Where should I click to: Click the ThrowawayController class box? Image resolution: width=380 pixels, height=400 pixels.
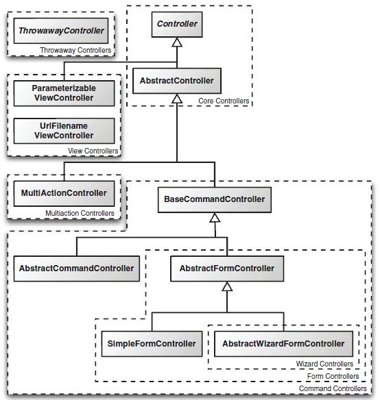pos(61,31)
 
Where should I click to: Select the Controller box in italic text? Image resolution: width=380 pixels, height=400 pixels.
pos(177,25)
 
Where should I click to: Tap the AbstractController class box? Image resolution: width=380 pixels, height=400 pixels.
pos(177,81)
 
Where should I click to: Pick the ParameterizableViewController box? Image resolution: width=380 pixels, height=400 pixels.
pos(64,93)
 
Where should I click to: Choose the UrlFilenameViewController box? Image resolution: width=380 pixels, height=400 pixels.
pos(64,131)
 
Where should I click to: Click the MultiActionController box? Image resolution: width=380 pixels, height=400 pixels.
pos(64,193)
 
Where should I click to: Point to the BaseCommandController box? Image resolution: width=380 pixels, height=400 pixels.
pos(215,200)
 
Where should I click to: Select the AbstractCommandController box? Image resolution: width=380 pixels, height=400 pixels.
pos(76,268)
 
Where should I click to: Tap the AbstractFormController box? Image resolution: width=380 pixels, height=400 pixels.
pos(227,268)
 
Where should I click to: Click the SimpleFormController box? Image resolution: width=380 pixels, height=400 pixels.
pos(152,344)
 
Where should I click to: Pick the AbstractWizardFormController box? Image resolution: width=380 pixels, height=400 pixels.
pos(283,344)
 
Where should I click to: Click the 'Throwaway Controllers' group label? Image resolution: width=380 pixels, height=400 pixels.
pos(75,50)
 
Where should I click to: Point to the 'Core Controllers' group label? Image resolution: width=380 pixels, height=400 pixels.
pos(224,101)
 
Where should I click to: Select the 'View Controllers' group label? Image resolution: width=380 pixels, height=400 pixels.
pos(93,151)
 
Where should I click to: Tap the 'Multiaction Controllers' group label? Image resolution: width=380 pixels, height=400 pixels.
pos(80,213)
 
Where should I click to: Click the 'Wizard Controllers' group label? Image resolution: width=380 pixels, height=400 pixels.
pos(324,364)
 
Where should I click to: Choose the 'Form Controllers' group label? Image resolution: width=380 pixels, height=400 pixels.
pos(333,376)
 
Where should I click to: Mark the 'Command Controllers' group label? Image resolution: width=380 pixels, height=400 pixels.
pos(333,388)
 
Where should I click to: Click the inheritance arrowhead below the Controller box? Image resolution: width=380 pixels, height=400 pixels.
pos(177,42)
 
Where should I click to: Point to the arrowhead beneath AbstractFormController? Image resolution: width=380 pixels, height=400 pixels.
pos(227,286)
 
